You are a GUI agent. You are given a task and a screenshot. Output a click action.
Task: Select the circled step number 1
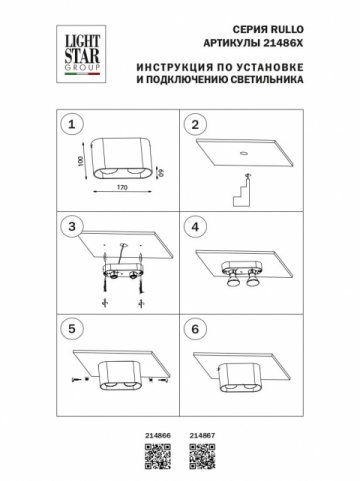69,125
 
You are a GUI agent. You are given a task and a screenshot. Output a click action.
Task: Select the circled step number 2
196,125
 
